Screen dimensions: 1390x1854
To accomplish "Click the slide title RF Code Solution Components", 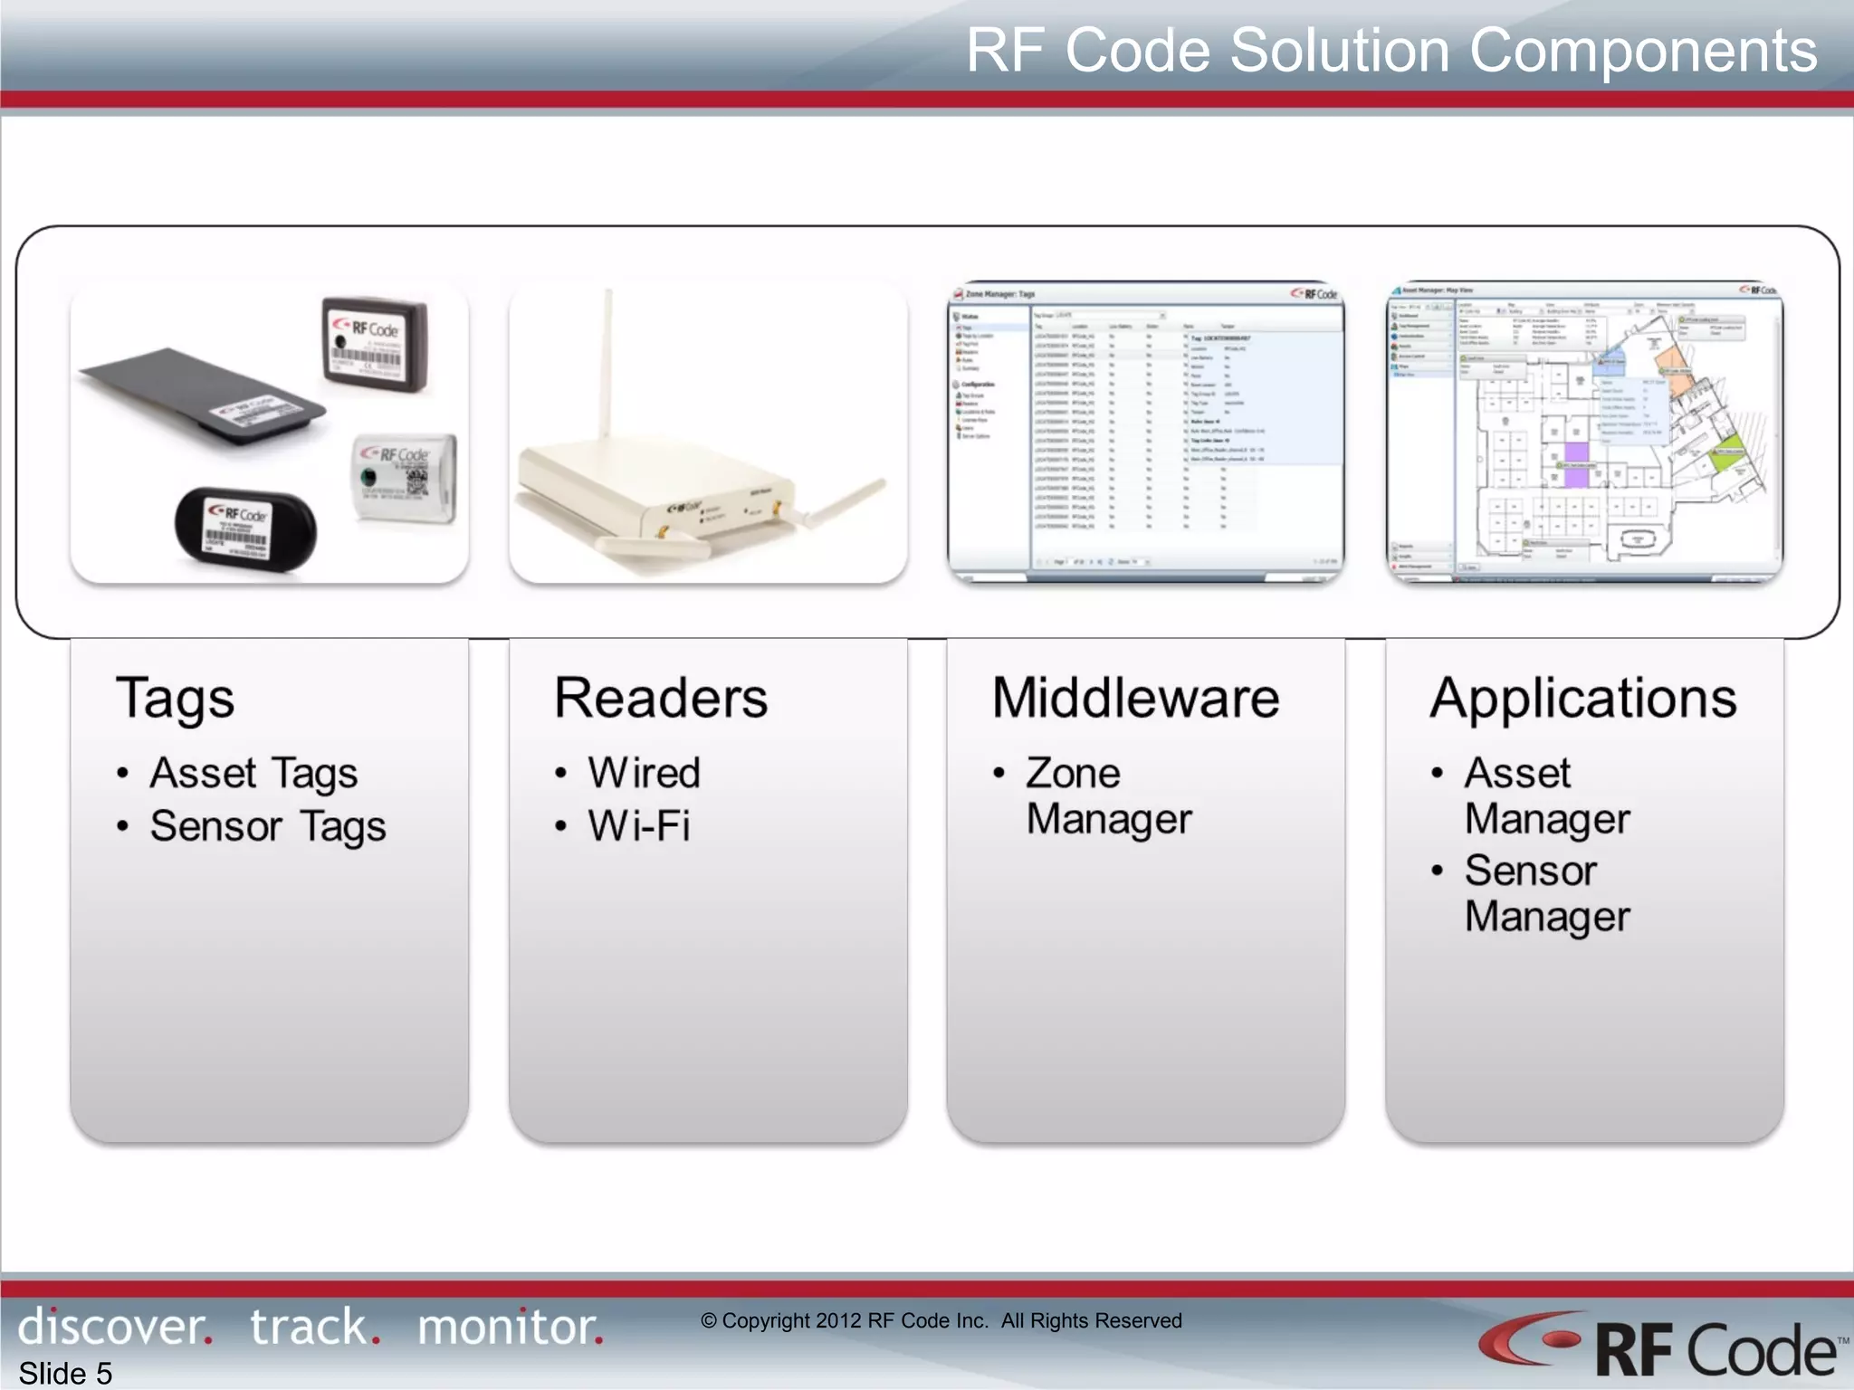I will point(1390,51).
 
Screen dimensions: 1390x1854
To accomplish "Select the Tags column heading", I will point(175,699).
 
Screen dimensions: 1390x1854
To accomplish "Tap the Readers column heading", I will point(661,699).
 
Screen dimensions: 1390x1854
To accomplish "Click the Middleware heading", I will point(1135,699).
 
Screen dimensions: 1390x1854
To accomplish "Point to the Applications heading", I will point(1583,699).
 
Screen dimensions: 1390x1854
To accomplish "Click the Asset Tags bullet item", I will point(253,774).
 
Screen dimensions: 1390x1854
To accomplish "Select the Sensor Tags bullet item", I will point(268,826).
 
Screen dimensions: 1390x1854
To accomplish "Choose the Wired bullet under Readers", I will point(644,774).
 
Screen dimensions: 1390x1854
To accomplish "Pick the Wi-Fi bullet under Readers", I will point(639,826).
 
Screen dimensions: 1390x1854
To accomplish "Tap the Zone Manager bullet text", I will point(1108,796).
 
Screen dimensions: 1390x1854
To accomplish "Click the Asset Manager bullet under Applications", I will point(1546,796).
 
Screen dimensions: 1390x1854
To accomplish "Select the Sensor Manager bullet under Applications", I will point(1546,894).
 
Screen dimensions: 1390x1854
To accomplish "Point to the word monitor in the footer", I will point(510,1327).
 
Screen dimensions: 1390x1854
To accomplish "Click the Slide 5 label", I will point(65,1373).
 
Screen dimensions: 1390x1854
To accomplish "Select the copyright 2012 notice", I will point(941,1320).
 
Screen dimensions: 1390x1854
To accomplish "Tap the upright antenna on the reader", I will point(609,362).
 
